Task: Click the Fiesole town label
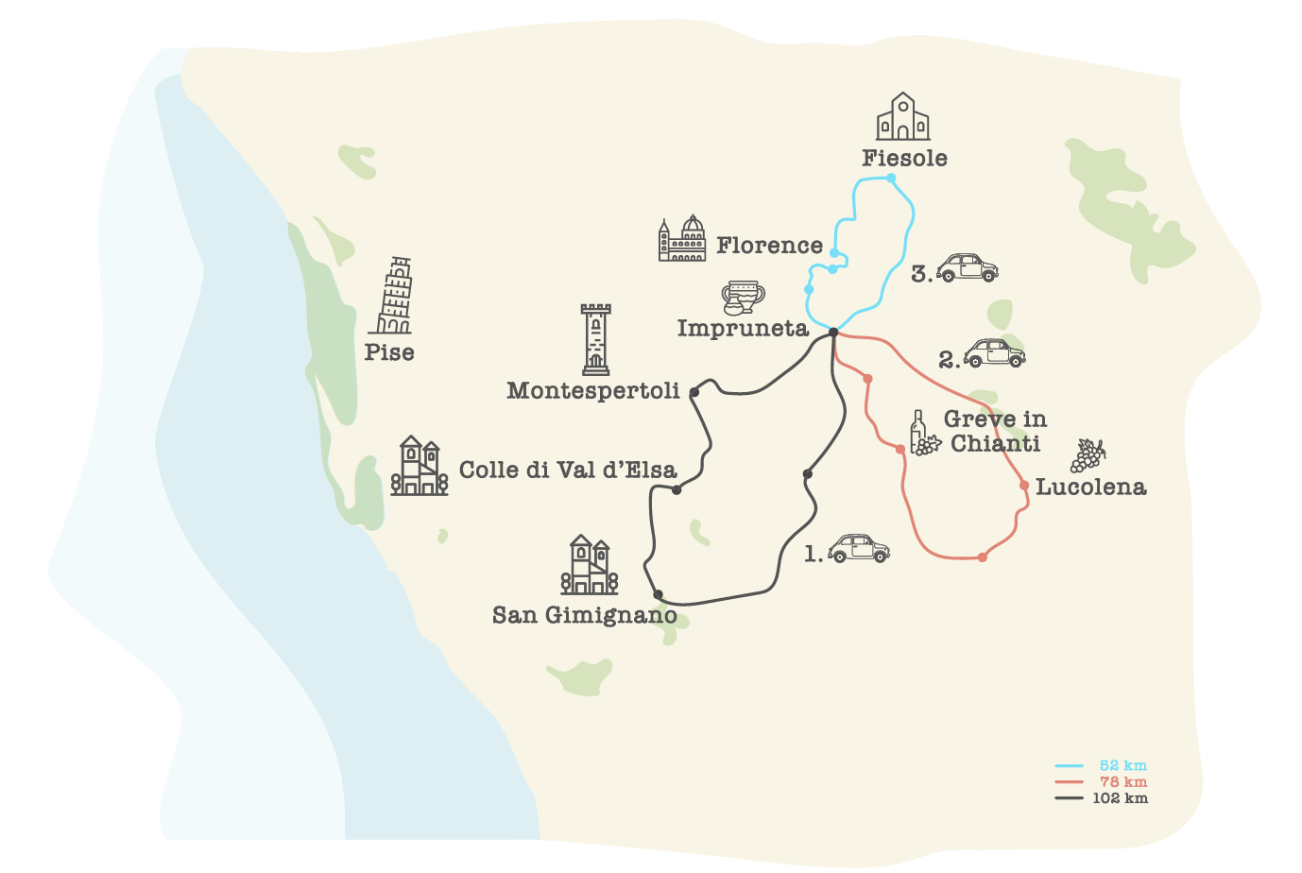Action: click(904, 159)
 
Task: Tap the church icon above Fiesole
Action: click(902, 117)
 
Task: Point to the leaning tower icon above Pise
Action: click(392, 296)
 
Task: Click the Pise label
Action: click(389, 352)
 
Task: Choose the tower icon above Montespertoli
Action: click(595, 339)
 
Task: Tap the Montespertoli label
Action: click(593, 391)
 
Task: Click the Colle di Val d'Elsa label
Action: click(568, 470)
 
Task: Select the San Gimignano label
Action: click(585, 615)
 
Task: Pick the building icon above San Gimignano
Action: click(590, 565)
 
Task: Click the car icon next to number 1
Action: click(859, 549)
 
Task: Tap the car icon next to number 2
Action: click(994, 353)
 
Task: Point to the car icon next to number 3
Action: click(967, 268)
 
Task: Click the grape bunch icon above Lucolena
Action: click(1088, 454)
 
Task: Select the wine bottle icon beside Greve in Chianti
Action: click(921, 434)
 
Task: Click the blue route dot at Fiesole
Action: click(891, 178)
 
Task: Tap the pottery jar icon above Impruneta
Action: click(743, 297)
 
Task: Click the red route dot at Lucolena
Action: click(1024, 486)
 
